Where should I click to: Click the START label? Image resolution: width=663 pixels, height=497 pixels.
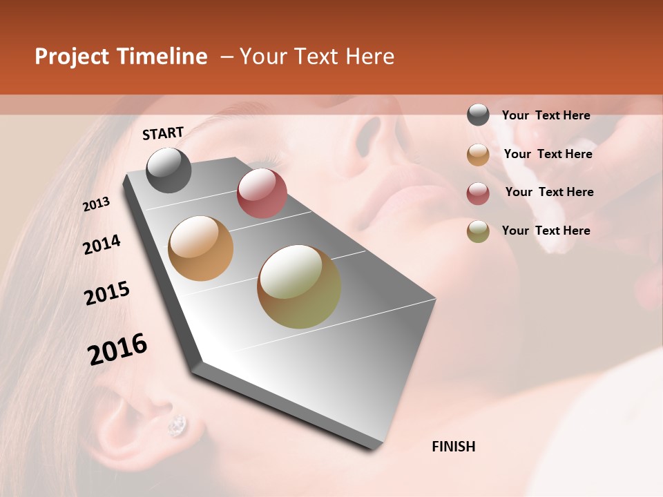(x=163, y=133)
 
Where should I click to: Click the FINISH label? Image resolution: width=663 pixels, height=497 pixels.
(x=453, y=447)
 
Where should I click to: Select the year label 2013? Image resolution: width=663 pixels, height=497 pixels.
(x=97, y=204)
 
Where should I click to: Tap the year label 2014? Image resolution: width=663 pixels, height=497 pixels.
(x=102, y=245)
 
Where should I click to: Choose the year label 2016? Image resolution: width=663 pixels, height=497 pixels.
(x=117, y=349)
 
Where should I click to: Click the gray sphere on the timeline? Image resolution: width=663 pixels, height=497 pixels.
(x=169, y=170)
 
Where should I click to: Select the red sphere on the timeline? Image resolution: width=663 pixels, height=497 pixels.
(x=262, y=193)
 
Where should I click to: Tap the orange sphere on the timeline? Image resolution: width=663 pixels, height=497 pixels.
(x=201, y=248)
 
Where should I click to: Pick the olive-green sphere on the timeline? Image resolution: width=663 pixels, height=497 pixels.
(x=299, y=286)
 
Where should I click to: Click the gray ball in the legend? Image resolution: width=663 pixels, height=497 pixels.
(x=478, y=115)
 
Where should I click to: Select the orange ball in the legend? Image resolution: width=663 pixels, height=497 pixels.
(x=478, y=155)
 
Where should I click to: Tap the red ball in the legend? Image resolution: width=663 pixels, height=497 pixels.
(x=478, y=193)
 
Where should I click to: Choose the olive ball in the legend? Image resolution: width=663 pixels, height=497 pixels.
(x=478, y=231)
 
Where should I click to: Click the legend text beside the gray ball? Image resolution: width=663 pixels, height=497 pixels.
(x=546, y=115)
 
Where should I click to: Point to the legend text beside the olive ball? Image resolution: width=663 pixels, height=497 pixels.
(x=546, y=231)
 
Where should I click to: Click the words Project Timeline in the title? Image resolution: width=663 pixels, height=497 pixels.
(x=121, y=57)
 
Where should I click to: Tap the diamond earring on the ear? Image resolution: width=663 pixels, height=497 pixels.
(x=177, y=425)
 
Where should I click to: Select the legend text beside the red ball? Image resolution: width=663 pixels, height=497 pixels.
(x=549, y=192)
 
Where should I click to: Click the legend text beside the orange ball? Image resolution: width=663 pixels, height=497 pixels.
(x=548, y=154)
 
